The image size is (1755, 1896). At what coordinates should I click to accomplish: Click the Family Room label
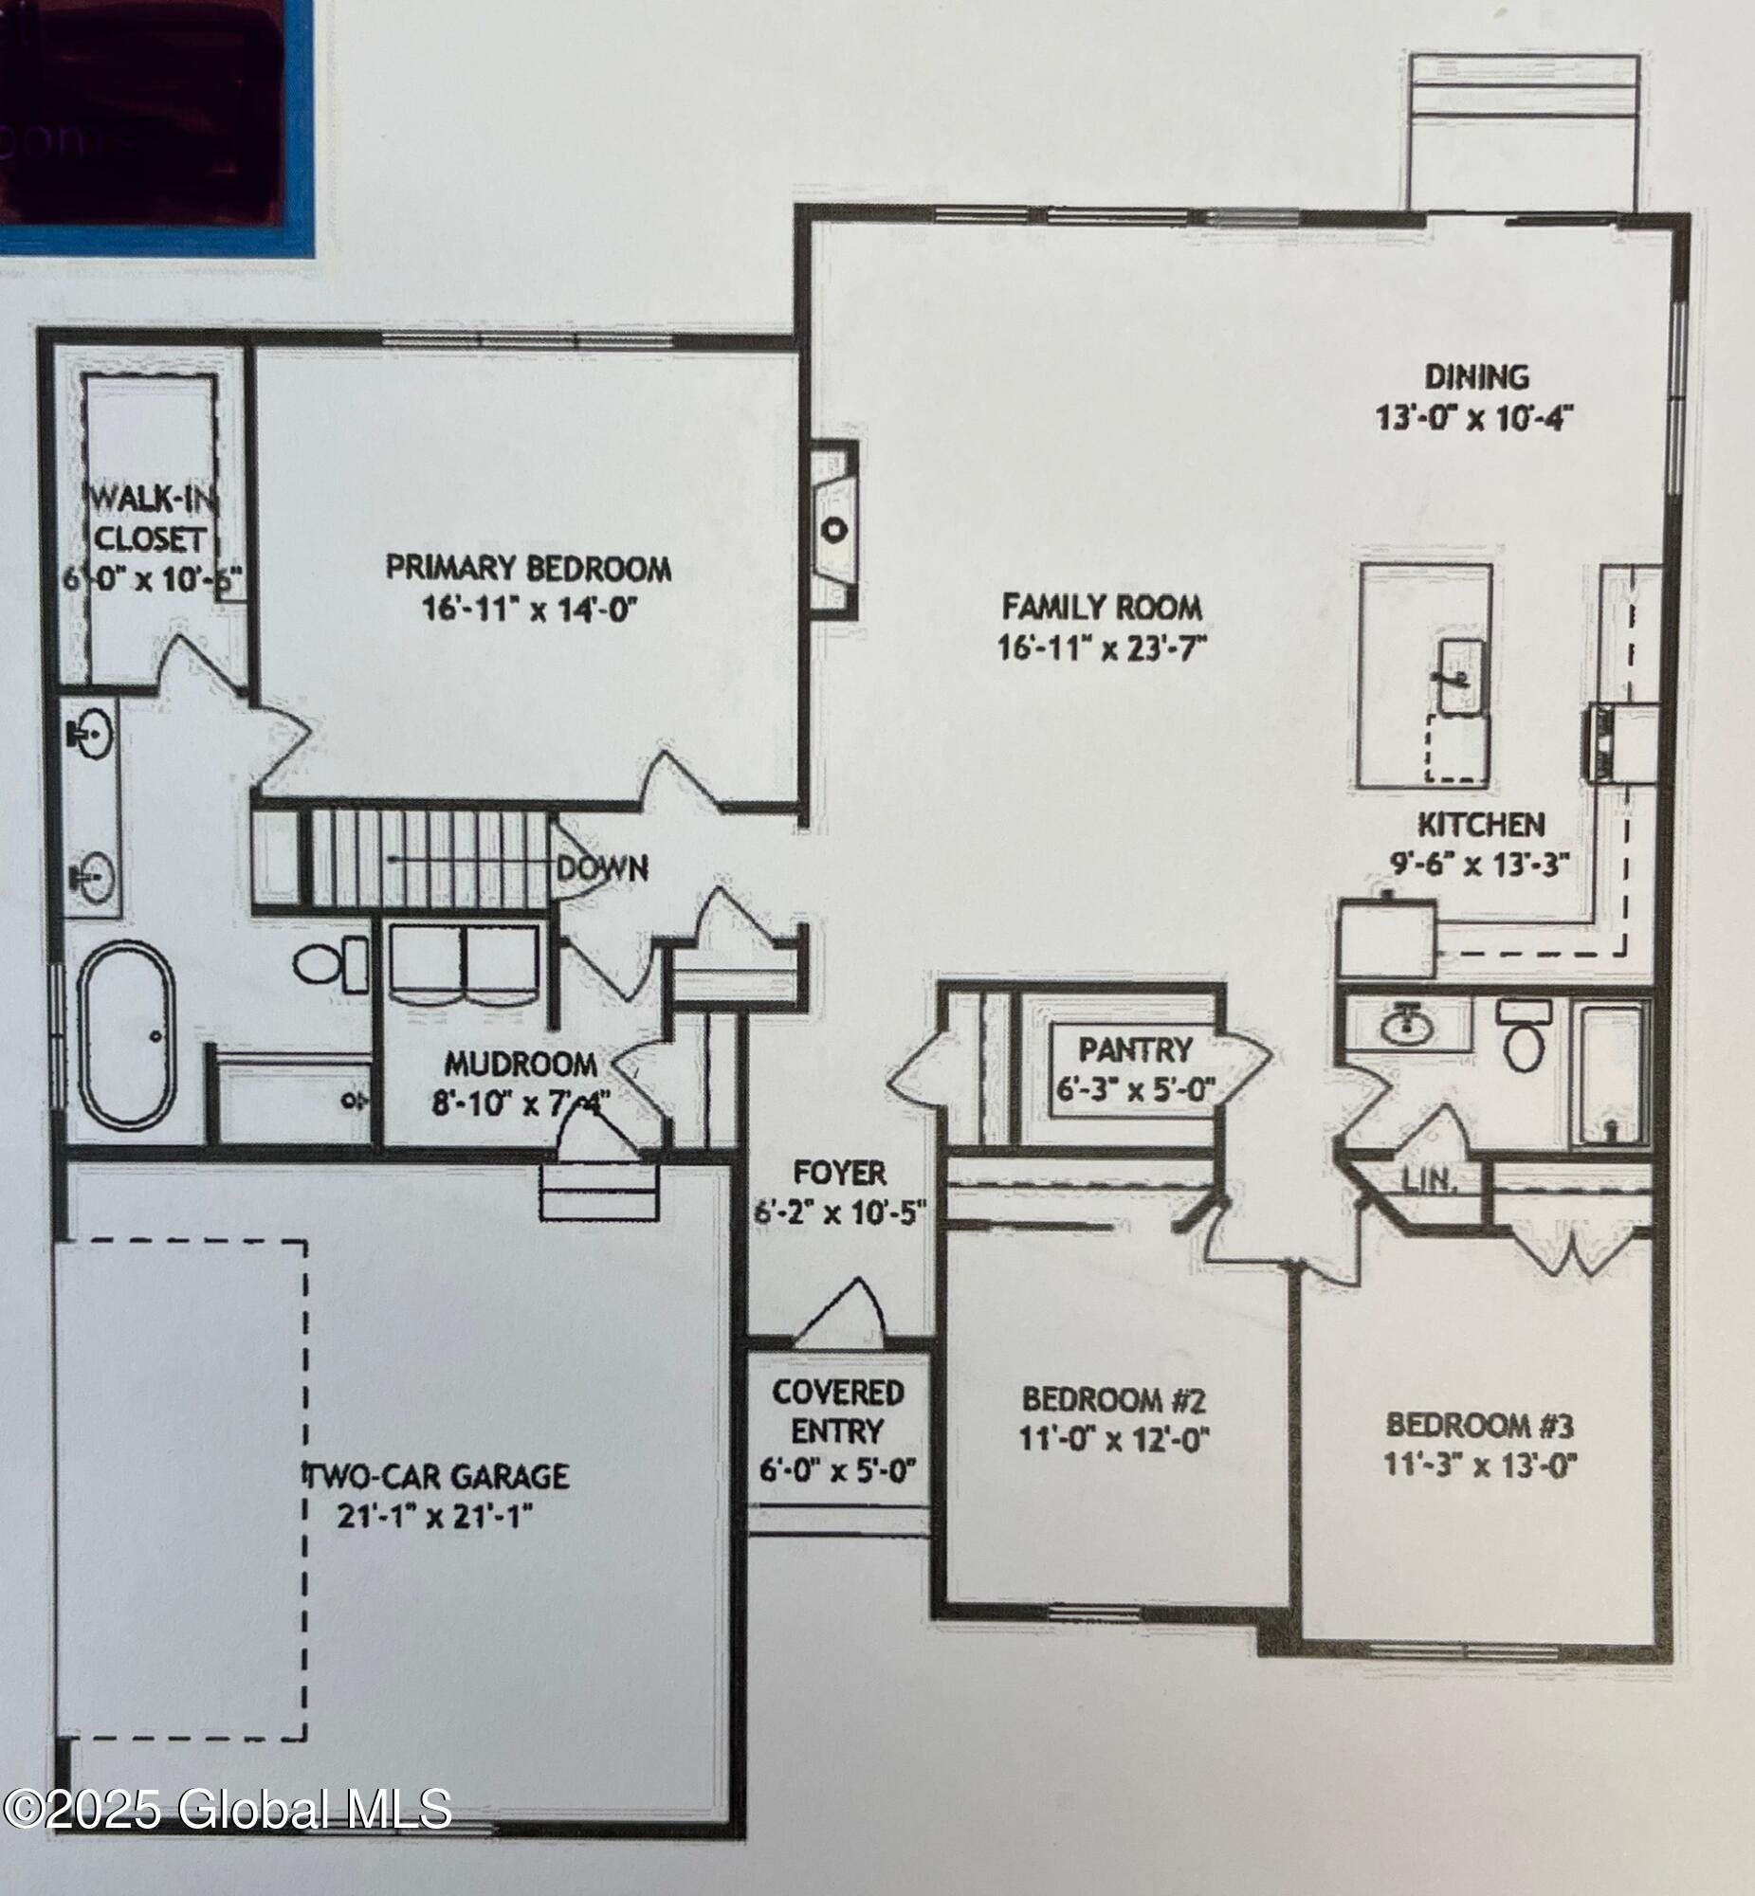1102,606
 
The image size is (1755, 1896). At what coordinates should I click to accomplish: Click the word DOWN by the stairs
602,867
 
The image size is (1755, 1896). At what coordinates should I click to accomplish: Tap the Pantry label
1135,1049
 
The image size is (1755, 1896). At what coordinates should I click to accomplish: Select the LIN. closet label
1428,1181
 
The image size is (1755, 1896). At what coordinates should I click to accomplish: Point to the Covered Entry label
836,1411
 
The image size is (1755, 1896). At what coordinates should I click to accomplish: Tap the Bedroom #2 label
1113,1399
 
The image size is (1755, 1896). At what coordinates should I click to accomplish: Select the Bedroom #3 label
1480,1425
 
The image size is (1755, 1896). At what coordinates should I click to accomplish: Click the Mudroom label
521,1063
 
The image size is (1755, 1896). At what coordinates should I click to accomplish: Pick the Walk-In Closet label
149,518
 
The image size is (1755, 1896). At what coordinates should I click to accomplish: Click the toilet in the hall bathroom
1524,1039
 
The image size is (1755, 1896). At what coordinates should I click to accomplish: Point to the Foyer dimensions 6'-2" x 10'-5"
838,1212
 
